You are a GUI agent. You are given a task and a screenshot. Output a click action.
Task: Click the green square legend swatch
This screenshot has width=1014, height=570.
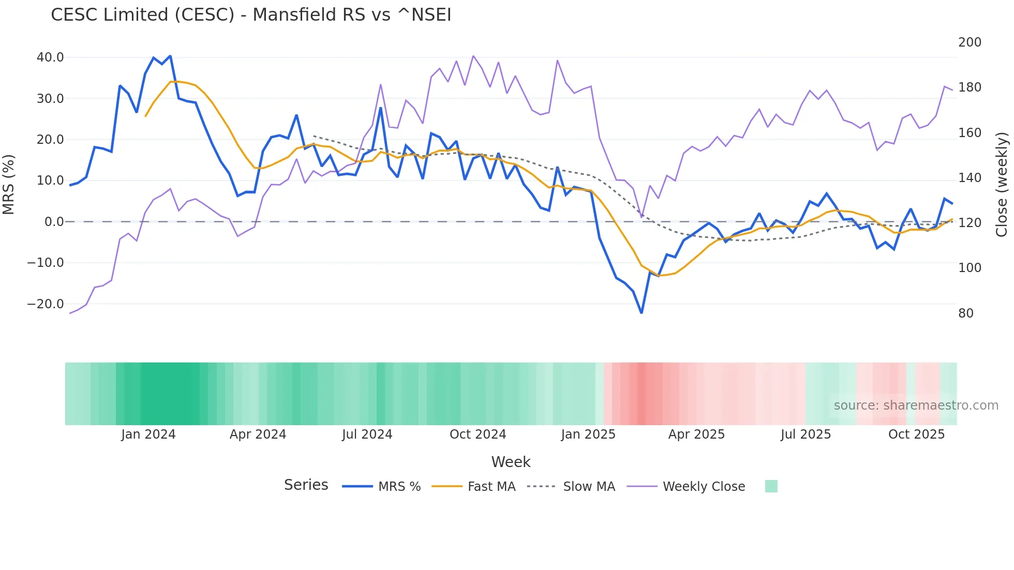tap(771, 486)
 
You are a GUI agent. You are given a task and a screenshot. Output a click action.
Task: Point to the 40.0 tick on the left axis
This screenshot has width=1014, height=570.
tap(50, 57)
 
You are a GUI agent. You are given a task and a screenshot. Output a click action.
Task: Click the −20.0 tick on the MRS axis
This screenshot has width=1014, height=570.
tap(46, 304)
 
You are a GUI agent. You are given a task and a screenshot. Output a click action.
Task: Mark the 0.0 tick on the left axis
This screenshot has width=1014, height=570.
tap(54, 222)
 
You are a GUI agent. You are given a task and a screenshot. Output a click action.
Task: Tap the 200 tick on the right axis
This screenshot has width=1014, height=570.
tap(970, 42)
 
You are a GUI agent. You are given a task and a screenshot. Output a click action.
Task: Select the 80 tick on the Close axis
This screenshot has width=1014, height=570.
tap(966, 313)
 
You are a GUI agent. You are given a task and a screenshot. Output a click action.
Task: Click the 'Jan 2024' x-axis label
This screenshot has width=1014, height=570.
tap(148, 434)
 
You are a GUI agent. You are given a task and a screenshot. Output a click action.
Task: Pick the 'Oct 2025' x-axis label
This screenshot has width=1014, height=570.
tap(916, 434)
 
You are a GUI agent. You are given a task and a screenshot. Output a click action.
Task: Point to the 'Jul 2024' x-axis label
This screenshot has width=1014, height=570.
tap(367, 434)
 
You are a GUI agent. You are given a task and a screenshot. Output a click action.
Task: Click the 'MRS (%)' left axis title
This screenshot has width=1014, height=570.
tap(9, 184)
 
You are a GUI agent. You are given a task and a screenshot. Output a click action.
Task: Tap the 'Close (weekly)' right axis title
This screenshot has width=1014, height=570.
tap(1002, 184)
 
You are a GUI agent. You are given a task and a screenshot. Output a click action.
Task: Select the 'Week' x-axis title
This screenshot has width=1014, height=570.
tap(511, 462)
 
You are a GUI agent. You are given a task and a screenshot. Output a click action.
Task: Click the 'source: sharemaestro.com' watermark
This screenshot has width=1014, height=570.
tap(916, 406)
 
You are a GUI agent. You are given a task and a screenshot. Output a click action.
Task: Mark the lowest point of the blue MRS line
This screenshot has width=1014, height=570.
tap(642, 312)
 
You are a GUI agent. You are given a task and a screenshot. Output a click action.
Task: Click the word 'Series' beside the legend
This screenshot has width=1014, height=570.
tap(306, 485)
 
